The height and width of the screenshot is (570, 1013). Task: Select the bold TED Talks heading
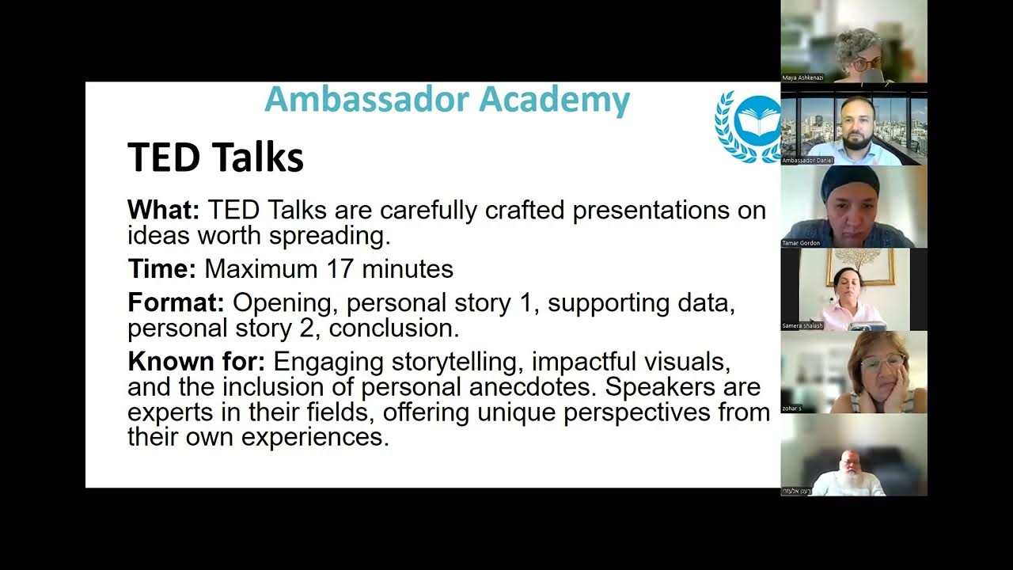click(215, 157)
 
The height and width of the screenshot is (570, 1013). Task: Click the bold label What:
click(164, 211)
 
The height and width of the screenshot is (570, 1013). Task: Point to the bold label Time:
click(161, 269)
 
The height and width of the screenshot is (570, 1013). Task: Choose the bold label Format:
click(176, 303)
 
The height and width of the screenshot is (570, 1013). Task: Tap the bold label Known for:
click(196, 362)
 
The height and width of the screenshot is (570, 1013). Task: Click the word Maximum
click(261, 269)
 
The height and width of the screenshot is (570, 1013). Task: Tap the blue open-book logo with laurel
click(749, 125)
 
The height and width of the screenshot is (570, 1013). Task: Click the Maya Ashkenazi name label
click(803, 78)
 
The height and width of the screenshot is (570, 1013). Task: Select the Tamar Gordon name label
click(801, 243)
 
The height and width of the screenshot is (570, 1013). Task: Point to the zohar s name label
click(792, 408)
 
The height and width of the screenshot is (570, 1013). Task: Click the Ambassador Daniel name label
click(808, 160)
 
